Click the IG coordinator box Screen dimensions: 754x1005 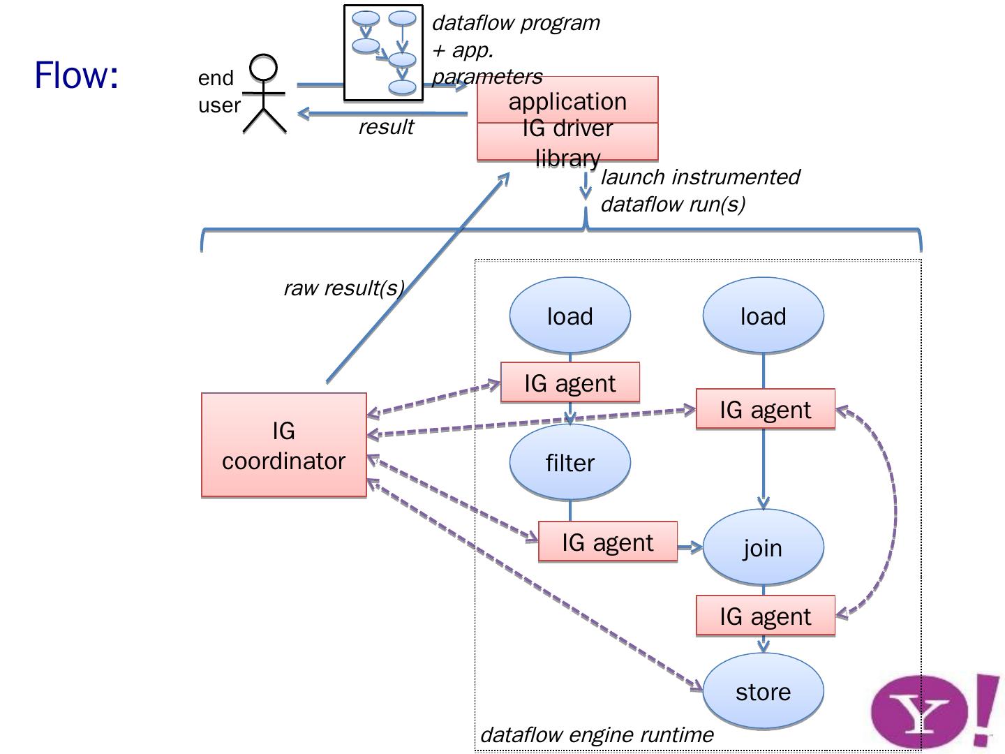(283, 445)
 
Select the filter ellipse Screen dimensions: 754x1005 (569, 462)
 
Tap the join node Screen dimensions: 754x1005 (763, 547)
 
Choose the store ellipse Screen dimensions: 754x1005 (763, 691)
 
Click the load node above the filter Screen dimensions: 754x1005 (569, 316)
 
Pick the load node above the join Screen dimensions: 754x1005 (763, 316)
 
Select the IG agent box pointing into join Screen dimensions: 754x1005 (607, 542)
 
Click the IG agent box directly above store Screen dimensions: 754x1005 (765, 616)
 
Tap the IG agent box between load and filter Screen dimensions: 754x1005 (569, 383)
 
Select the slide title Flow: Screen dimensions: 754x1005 (77, 75)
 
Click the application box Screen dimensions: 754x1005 (567, 101)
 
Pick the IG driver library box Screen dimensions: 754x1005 (567, 142)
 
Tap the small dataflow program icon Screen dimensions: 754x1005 (383, 53)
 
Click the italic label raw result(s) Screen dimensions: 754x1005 (343, 288)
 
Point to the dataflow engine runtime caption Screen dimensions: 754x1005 (597, 734)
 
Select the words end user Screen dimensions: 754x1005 (218, 91)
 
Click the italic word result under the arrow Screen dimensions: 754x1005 (386, 127)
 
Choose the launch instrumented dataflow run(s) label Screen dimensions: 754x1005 (699, 190)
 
